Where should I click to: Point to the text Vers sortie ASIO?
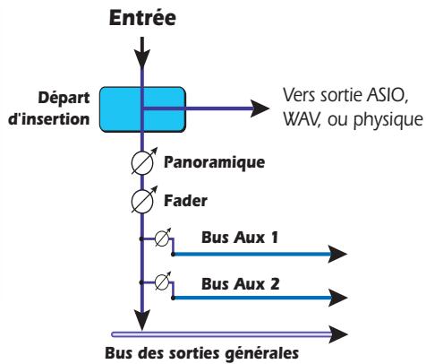[345, 94]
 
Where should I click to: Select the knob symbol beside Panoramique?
[141, 164]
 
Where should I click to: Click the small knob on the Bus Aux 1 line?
[162, 240]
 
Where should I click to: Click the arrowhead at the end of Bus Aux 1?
[335, 255]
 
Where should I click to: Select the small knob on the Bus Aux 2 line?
[162, 282]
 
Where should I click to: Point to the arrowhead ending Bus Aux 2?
[335, 296]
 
